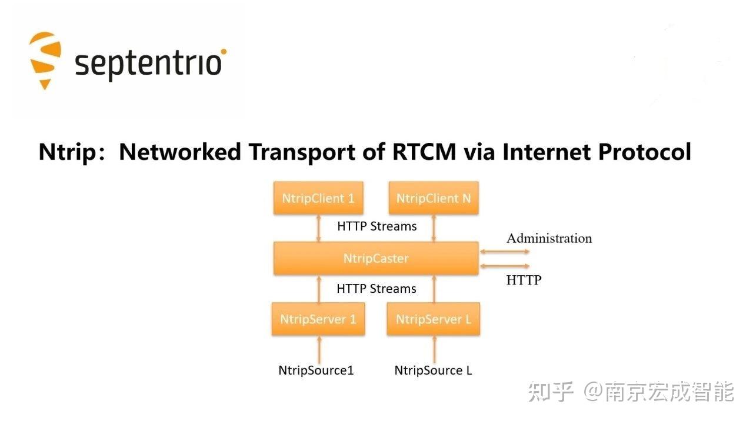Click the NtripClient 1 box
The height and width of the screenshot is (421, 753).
point(318,198)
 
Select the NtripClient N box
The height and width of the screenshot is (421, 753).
point(434,198)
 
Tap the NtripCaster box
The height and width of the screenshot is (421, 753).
point(376,258)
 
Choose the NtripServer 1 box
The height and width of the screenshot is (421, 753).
point(318,319)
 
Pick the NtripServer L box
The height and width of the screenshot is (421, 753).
point(434,319)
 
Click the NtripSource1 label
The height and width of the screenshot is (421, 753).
point(316,370)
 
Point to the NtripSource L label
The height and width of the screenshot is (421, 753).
point(433,370)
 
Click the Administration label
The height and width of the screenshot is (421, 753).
point(549,238)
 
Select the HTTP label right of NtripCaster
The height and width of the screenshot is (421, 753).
point(524,280)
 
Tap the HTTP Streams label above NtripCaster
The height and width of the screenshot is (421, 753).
point(376,226)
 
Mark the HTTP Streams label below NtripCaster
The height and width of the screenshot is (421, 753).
point(376,289)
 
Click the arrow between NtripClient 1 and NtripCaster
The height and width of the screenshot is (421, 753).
point(319,228)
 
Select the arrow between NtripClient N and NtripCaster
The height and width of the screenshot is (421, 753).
point(434,228)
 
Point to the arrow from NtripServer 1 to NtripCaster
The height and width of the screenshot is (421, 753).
point(319,289)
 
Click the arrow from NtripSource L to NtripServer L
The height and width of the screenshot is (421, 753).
point(434,350)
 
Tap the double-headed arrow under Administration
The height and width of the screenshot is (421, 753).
point(505,252)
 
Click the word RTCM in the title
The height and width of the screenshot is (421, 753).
point(422,152)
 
